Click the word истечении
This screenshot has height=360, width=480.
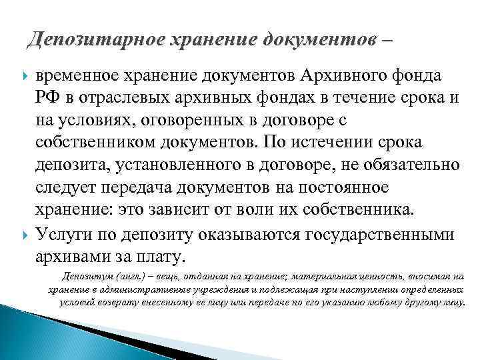[x=339, y=143]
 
